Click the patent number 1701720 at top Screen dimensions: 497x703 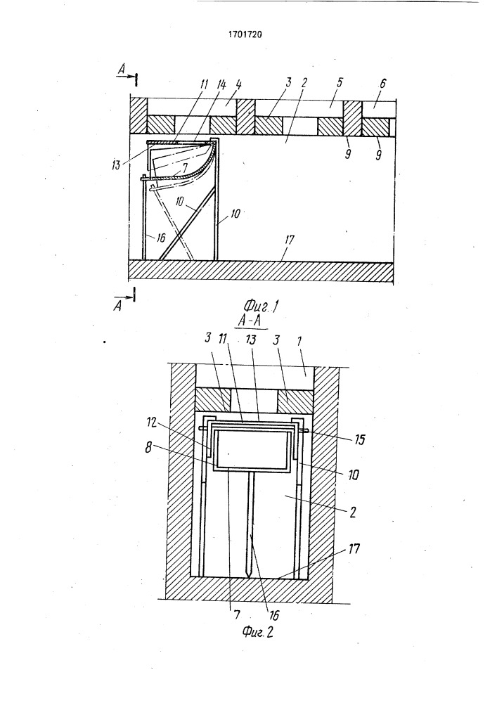[245, 34]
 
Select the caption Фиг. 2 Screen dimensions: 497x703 [258, 632]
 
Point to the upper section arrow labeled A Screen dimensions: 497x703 [127, 76]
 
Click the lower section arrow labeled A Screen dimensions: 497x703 [124, 300]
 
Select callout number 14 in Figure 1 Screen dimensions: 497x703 [221, 86]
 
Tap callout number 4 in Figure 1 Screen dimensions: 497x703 [238, 85]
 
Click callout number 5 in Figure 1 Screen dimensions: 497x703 [340, 84]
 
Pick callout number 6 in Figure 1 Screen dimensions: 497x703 [382, 84]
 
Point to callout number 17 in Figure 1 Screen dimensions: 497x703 [289, 240]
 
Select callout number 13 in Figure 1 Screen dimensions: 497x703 [117, 166]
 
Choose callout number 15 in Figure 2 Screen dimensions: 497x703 [359, 439]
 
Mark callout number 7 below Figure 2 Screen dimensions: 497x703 [237, 614]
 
